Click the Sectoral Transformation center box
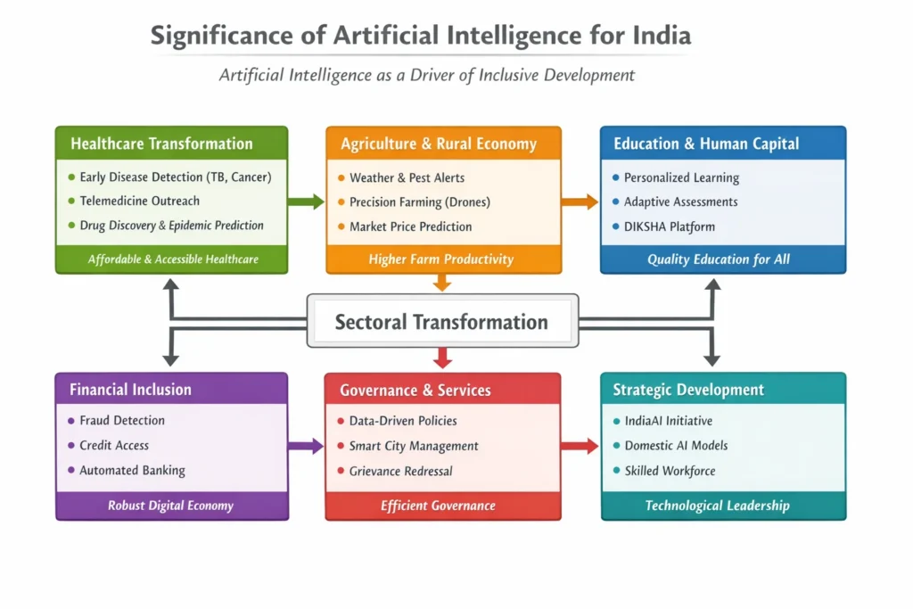(442, 321)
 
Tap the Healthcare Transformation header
(162, 144)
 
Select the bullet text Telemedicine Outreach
(140, 201)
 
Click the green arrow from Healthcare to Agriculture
(306, 202)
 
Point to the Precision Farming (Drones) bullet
(420, 202)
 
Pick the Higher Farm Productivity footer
(441, 259)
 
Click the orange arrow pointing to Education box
(580, 202)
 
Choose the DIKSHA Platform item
(670, 226)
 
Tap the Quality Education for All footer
(719, 259)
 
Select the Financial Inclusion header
(130, 390)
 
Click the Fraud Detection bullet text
(122, 420)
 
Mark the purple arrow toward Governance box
(306, 446)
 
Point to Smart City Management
(414, 446)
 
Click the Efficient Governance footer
(439, 506)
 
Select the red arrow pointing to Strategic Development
(580, 446)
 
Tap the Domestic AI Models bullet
(676, 446)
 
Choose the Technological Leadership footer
(718, 506)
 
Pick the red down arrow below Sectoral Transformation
(442, 358)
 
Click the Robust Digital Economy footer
(170, 506)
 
